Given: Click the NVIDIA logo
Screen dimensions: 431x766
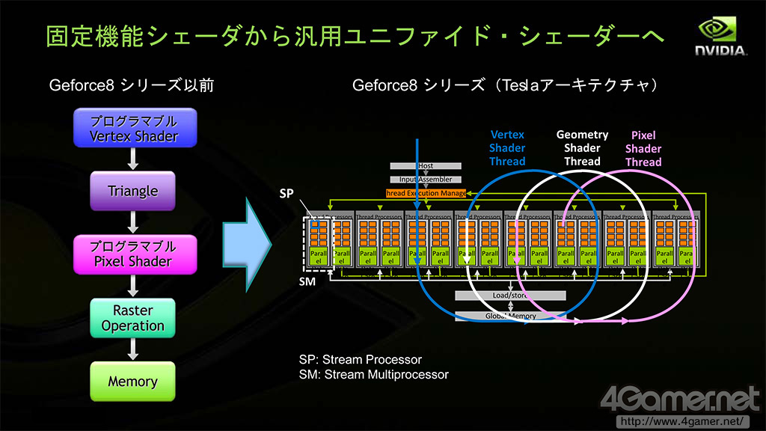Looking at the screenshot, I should pos(721,37).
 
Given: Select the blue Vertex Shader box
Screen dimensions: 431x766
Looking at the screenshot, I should pos(135,128).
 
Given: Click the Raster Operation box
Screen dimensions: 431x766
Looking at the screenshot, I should pos(133,317).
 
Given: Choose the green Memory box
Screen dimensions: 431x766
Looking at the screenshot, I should pos(133,381).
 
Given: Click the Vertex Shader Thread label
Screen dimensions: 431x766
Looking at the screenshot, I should pos(507,148).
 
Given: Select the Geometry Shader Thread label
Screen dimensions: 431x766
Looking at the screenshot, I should pos(582,147).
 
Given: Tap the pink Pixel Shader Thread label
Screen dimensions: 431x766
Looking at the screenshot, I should pos(643,148).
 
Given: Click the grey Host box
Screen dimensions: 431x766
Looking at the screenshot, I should pos(426,165).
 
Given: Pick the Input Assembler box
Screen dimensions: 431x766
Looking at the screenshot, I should pos(426,179).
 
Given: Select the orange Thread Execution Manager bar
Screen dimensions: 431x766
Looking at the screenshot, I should pos(426,193).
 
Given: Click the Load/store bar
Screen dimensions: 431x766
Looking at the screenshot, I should pos(511,296).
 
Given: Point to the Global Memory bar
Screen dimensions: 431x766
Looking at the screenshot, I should pos(511,316).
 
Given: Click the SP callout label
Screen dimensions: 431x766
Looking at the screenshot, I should pos(287,192).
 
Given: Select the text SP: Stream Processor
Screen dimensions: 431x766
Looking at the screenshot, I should pos(361,360).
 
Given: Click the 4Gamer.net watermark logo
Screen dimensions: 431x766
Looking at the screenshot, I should pos(681,400).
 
